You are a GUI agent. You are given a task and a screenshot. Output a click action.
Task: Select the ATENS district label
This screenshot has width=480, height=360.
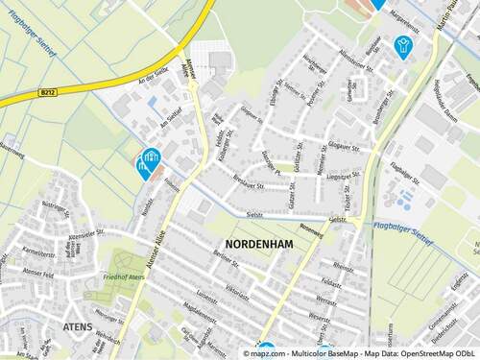[78, 327]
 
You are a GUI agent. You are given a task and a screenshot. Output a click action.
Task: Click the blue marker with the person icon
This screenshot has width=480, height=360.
[402, 46]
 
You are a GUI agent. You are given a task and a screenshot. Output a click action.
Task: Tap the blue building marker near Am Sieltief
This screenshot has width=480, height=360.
[149, 160]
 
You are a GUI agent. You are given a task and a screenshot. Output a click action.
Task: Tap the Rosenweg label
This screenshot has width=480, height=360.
[311, 229]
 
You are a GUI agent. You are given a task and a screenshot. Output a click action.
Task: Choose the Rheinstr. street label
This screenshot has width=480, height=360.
[344, 265]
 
